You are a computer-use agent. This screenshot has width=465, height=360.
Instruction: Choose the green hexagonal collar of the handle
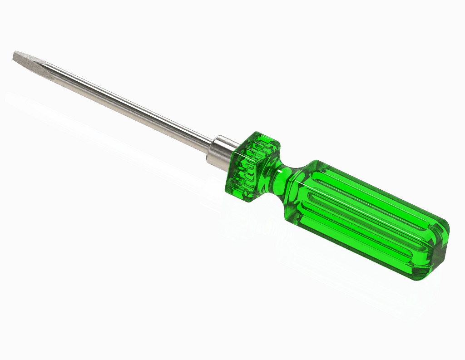[252, 166]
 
